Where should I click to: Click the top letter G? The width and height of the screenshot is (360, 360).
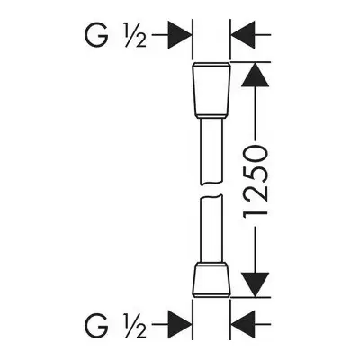point(96,35)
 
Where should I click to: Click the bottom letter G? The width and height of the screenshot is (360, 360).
point(96,325)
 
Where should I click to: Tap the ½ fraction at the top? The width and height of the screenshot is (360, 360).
point(134,35)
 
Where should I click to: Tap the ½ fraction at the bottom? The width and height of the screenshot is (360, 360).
point(134,325)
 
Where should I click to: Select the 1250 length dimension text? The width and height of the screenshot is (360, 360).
point(255,184)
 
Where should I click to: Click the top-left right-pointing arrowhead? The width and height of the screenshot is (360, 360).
point(179,35)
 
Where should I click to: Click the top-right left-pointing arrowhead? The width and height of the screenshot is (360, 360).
point(243,35)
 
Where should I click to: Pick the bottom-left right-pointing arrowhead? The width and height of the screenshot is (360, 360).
point(179,324)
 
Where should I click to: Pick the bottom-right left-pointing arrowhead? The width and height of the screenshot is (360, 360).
point(243,324)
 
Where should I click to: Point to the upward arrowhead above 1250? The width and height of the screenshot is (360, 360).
point(255,75)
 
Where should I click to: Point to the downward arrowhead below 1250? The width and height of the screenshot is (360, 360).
point(255,284)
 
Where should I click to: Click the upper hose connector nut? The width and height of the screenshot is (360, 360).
point(211,90)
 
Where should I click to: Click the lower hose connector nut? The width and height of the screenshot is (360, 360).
point(211,280)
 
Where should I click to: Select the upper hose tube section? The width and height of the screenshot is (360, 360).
point(211,151)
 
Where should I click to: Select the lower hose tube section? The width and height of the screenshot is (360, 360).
point(211,229)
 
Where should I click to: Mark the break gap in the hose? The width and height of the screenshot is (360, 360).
point(211,190)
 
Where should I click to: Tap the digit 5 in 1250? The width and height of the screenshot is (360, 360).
point(255,174)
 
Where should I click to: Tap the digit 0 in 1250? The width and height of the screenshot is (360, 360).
point(255,154)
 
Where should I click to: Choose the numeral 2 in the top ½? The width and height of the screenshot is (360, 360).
point(140,41)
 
